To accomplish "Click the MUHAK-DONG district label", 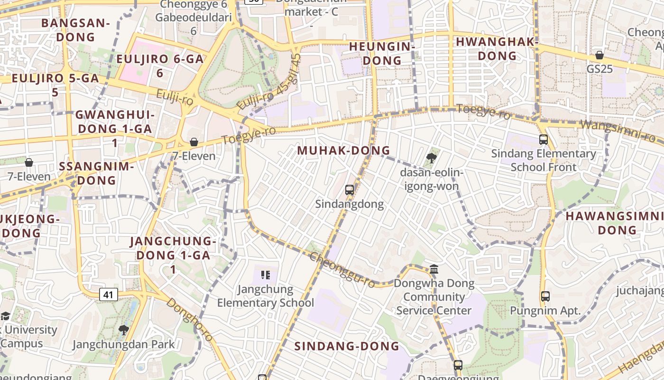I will coord(343,151).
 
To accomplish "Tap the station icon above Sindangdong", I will coord(350,190).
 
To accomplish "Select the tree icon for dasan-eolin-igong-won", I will coord(431,158).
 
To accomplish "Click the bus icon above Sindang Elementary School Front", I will coord(544,140).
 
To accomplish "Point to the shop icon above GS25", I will coord(599,55).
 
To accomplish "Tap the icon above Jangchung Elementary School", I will coord(265,275).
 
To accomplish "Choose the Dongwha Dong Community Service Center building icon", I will coord(434,269).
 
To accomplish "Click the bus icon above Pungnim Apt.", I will coord(545,296).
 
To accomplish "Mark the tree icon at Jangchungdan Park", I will coord(123,330).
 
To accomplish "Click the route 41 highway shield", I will coord(109,295).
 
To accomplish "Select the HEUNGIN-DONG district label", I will coord(382,53).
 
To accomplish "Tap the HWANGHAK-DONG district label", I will coord(497,48).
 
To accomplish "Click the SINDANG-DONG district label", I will coord(347,346).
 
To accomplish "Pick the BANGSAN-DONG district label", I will coord(75,29).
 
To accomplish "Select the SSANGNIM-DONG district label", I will coord(96,173).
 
